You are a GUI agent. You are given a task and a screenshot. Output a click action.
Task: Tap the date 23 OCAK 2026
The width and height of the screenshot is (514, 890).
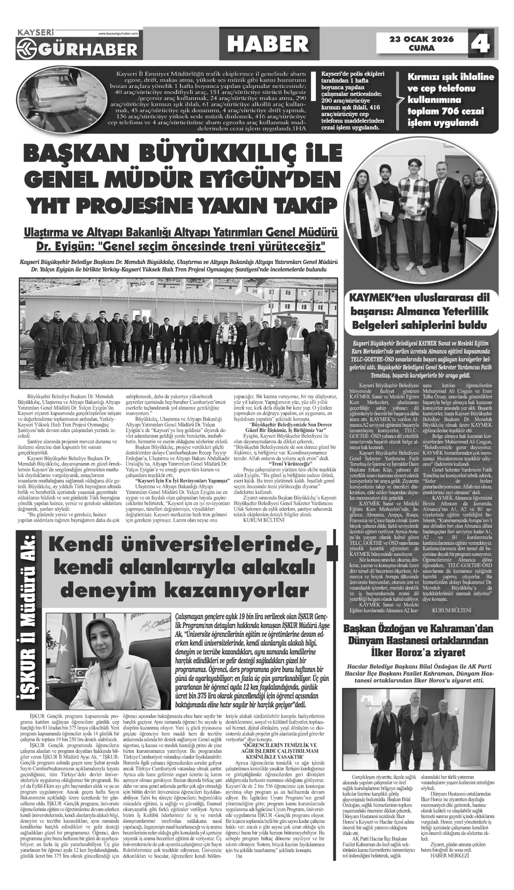click(421, 39)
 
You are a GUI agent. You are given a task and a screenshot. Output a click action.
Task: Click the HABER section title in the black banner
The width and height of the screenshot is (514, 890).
click(268, 44)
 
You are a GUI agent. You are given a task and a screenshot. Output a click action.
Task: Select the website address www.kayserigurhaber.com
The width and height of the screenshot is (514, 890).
click(118, 34)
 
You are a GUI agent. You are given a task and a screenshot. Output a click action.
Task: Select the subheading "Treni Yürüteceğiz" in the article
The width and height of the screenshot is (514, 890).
click(290, 464)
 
